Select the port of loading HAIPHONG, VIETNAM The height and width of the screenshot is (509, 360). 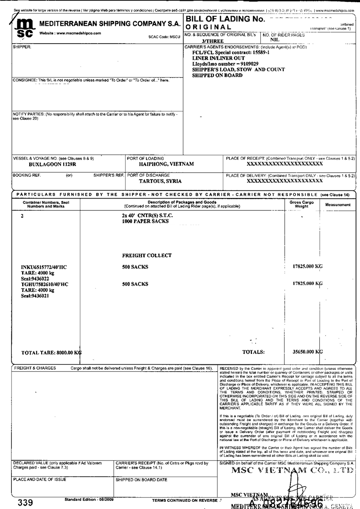point(166,164)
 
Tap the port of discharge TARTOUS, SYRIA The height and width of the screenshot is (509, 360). point(160,181)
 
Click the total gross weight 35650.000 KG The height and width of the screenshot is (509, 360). point(308,352)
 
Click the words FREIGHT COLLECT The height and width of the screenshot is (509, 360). point(146,255)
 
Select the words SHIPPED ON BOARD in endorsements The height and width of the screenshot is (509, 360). point(217,75)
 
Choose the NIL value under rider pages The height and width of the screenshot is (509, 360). point(275,39)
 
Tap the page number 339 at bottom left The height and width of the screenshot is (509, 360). point(25,503)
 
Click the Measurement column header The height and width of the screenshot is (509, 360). point(338,205)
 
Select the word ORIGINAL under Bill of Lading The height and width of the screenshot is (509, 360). point(208,27)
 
